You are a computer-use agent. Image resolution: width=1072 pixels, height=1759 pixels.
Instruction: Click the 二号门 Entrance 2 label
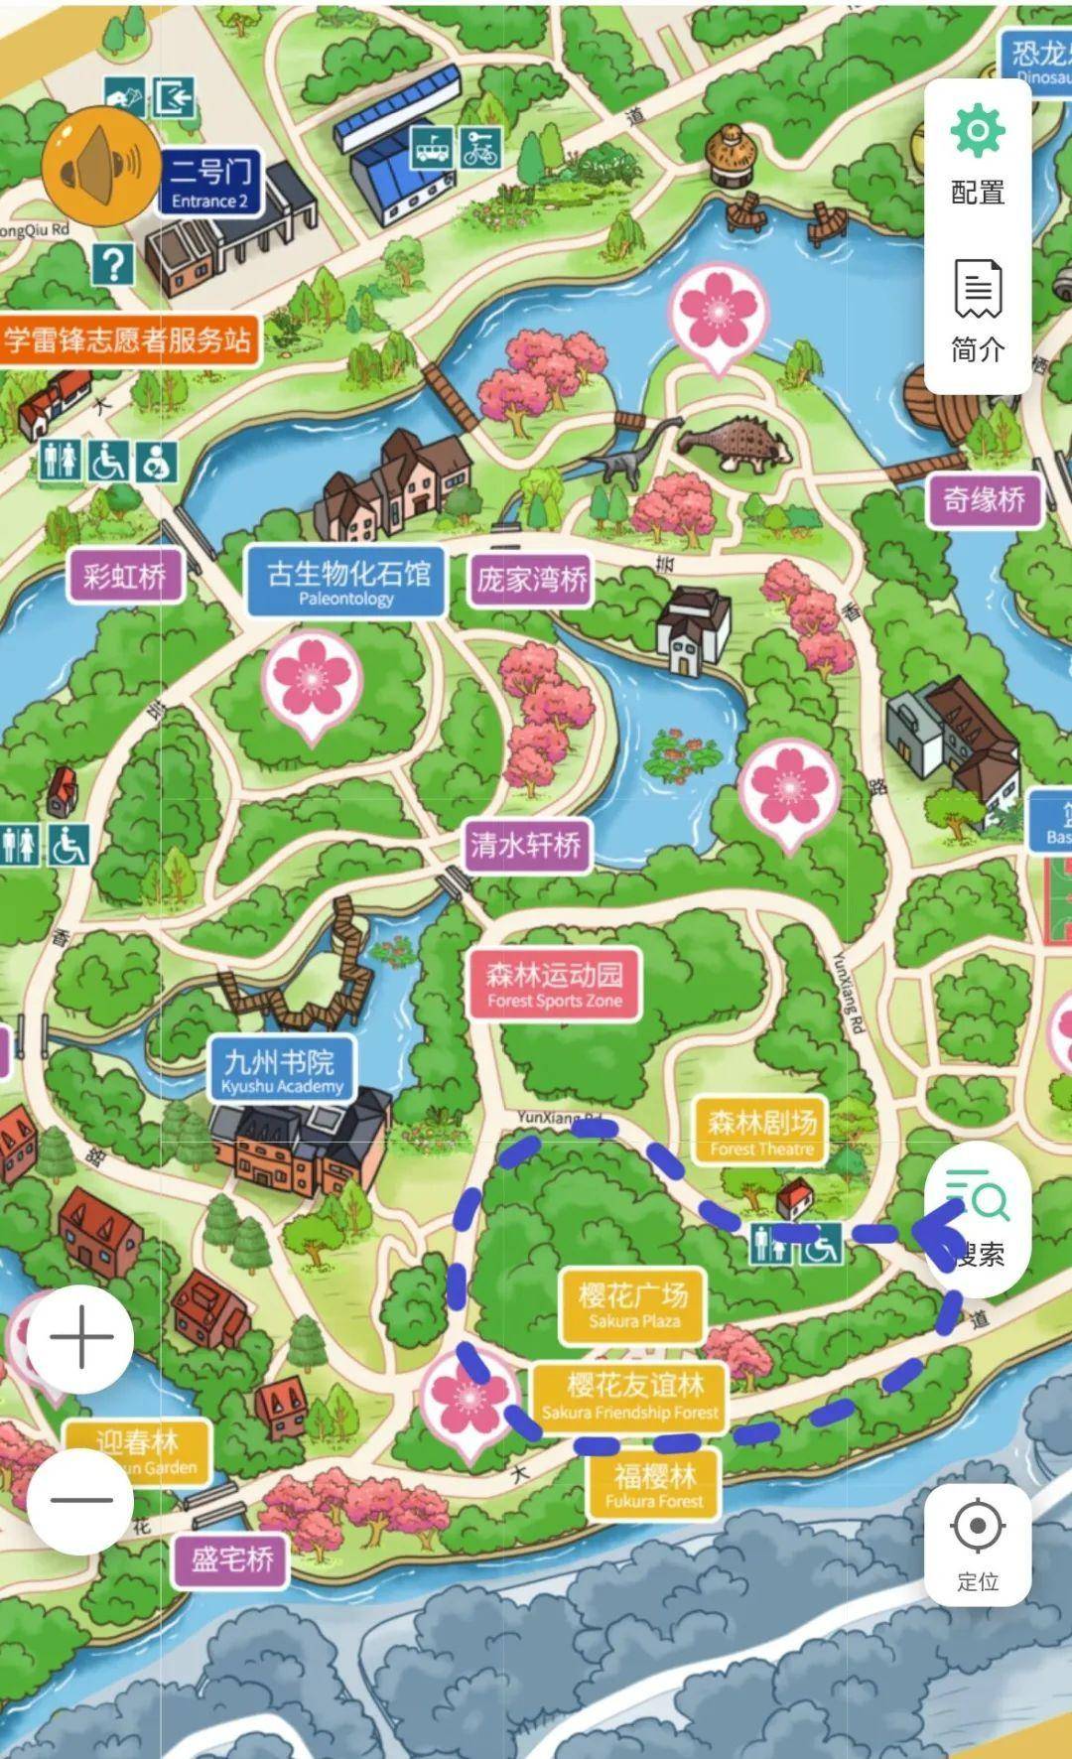(x=210, y=183)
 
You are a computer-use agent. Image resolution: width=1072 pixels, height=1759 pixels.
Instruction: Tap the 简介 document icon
(x=978, y=288)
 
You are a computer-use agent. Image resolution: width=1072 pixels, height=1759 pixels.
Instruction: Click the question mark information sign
(x=114, y=264)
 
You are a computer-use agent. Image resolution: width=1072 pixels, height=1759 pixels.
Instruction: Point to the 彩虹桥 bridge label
(x=125, y=576)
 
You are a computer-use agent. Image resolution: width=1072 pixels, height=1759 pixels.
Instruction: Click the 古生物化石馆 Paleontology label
(x=346, y=582)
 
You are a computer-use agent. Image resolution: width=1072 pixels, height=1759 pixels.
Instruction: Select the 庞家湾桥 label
(x=532, y=580)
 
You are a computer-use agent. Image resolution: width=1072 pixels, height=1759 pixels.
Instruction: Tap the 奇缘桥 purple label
(x=985, y=499)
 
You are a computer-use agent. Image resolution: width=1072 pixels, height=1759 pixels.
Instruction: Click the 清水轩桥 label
(x=526, y=845)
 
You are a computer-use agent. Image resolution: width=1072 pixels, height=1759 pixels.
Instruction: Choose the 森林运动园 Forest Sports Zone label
(x=554, y=984)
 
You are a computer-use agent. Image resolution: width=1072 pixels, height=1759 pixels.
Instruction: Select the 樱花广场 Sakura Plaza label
(x=633, y=1303)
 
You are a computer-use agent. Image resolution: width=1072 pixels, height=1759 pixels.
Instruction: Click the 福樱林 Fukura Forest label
(x=654, y=1485)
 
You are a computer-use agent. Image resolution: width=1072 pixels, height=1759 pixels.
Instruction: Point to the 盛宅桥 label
(x=232, y=1559)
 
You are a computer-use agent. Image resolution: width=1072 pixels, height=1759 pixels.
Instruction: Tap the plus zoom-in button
(x=80, y=1337)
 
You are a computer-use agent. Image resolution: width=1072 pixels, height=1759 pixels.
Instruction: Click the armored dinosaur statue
(x=739, y=440)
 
